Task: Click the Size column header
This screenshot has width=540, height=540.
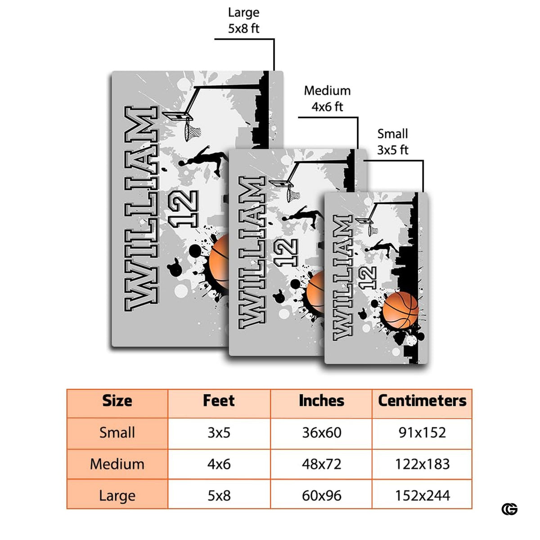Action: (117, 401)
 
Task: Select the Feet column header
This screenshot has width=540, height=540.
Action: (219, 400)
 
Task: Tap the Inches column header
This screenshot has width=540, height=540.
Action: (321, 400)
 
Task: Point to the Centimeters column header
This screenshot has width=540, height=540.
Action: (422, 401)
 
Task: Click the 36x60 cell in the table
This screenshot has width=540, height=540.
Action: (321, 432)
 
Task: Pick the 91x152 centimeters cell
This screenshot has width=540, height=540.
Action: (422, 432)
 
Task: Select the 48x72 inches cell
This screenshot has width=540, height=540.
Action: (321, 464)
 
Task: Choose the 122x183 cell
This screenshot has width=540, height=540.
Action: (422, 464)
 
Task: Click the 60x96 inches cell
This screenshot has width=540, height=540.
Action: (321, 496)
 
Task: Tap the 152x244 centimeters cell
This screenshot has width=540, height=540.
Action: (422, 496)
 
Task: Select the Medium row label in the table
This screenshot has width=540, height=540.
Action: (117, 464)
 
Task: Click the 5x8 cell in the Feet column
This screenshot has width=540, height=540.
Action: (219, 496)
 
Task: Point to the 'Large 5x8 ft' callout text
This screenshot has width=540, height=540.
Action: (243, 20)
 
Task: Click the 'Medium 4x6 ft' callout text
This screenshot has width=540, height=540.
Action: (327, 99)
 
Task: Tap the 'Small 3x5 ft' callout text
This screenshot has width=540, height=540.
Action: (392, 142)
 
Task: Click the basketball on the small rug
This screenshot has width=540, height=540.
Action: (400, 310)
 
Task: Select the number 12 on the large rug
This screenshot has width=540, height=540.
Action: (183, 209)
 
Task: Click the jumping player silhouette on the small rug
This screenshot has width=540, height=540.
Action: (382, 247)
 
